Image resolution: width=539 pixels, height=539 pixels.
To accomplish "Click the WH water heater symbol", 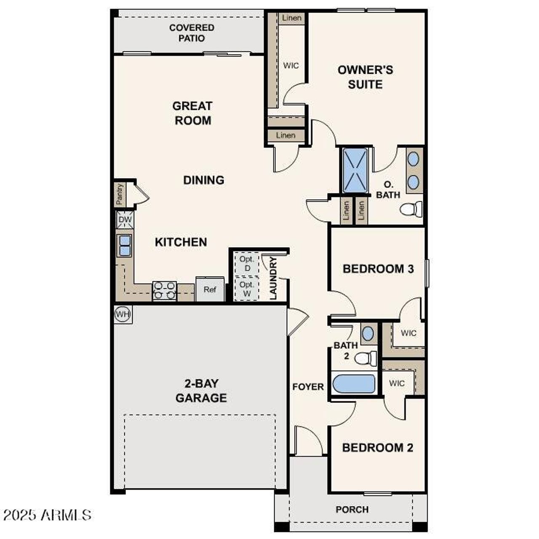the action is (x=123, y=315).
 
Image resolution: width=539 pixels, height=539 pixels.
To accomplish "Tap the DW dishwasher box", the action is (x=125, y=219).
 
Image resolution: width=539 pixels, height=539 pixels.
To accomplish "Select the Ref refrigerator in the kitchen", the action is (x=210, y=289).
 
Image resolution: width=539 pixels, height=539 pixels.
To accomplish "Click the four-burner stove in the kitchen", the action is (x=165, y=291).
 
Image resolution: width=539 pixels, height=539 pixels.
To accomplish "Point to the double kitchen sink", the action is (x=125, y=245).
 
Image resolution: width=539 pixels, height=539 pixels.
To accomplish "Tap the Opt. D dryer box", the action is (x=247, y=264).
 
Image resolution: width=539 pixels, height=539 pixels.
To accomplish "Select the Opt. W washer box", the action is (x=247, y=289).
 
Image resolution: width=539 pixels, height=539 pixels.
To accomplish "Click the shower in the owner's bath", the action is (x=355, y=170).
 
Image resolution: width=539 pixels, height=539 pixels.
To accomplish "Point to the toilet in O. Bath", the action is (x=411, y=209).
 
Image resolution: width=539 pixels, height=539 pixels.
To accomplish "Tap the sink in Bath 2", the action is (x=368, y=334).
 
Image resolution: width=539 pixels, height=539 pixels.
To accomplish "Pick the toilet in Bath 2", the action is (x=366, y=358).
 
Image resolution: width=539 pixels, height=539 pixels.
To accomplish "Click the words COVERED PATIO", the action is (x=192, y=33).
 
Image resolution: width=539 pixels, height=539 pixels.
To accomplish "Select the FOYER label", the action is (x=308, y=387).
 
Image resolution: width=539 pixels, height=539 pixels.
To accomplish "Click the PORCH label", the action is (x=352, y=510).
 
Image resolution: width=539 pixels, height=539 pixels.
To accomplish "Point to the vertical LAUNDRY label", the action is (x=273, y=278).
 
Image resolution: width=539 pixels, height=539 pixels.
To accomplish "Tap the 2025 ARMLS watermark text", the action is (x=48, y=515).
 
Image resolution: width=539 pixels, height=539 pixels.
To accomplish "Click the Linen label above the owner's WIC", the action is (x=292, y=18).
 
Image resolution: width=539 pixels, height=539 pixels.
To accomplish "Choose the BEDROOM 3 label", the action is (x=378, y=269).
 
